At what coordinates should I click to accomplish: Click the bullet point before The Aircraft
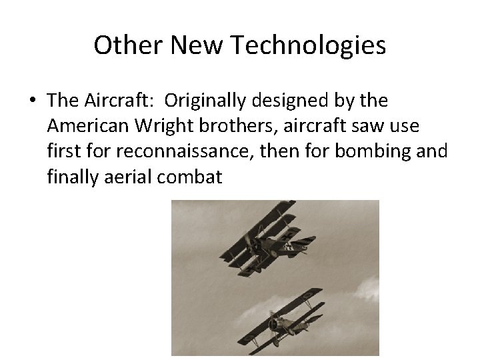coord(33,101)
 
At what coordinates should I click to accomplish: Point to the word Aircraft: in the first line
coord(127,101)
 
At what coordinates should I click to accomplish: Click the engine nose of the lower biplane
coord(272,325)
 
